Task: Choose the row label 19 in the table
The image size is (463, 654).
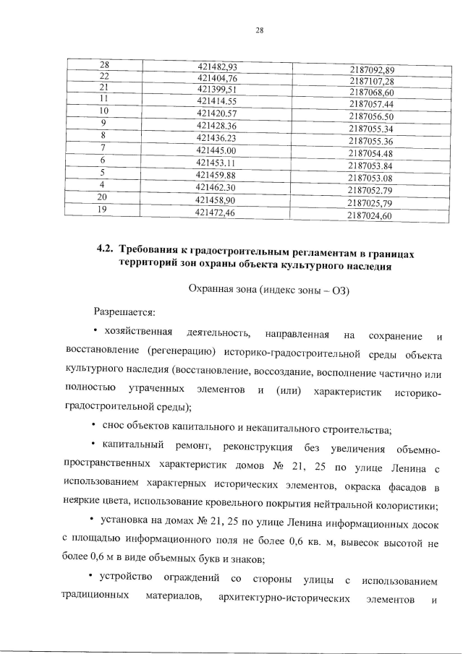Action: pos(103,210)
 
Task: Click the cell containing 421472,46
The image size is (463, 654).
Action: pos(216,212)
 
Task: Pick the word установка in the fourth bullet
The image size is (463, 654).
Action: pos(122,520)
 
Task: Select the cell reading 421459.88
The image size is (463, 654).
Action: pos(217,175)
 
